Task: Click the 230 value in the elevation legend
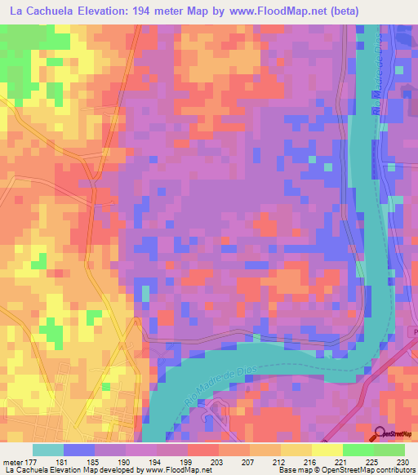tap(404, 463)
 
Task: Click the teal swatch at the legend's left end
tap(48, 451)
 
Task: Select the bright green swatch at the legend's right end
tap(389, 451)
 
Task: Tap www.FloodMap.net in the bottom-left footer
tap(176, 471)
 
